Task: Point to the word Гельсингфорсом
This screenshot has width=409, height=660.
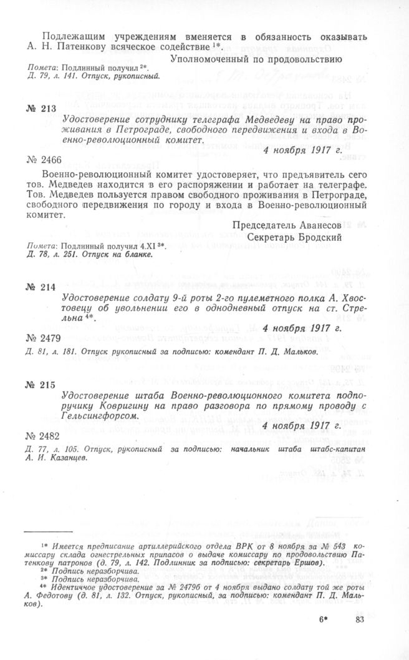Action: tap(100, 415)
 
